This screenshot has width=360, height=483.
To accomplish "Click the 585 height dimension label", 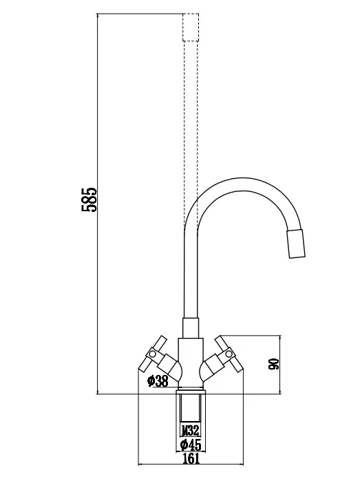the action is click(89, 200).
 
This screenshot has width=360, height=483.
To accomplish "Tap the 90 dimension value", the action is click(273, 364).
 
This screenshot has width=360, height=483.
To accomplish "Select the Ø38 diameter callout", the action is click(158, 381).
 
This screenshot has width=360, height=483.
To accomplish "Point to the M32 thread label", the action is click(190, 430).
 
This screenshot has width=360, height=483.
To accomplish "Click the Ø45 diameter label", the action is click(191, 444).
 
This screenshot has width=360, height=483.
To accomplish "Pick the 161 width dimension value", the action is click(191, 459).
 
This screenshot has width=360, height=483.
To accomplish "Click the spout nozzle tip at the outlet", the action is click(296, 244).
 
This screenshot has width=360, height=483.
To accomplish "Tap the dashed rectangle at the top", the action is click(191, 27).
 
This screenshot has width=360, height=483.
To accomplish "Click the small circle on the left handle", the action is click(152, 354).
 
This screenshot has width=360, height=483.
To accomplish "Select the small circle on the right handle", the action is click(229, 354).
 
